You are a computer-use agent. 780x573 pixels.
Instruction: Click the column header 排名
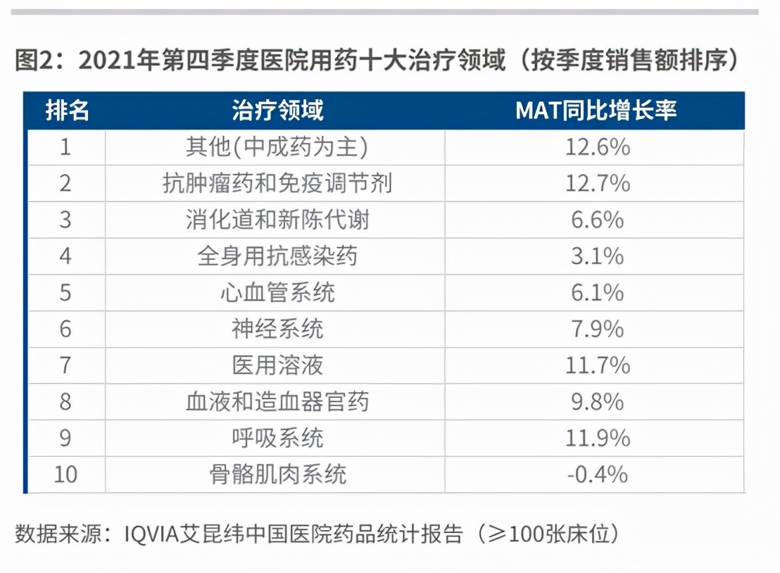(67, 111)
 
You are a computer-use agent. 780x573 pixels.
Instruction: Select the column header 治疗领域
(277, 111)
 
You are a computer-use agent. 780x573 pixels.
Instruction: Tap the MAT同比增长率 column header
(596, 111)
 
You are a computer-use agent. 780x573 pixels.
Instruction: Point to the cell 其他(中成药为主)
(277, 147)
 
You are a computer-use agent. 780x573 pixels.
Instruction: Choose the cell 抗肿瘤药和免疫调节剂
(277, 184)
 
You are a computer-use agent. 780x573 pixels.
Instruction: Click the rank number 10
(65, 474)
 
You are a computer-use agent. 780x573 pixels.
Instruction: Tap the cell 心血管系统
(277, 292)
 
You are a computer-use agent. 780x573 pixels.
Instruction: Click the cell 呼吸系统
(277, 438)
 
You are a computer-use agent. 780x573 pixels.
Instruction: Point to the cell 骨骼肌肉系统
(277, 474)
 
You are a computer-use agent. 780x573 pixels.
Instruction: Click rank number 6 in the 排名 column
(65, 329)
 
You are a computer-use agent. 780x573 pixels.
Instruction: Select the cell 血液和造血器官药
(277, 402)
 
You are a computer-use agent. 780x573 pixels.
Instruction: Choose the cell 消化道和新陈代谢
(277, 220)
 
